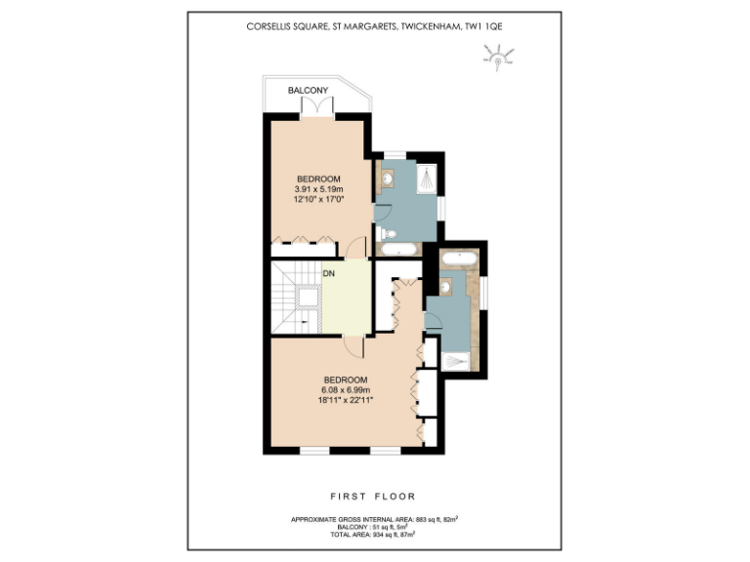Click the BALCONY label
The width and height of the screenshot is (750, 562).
pyautogui.click(x=307, y=91)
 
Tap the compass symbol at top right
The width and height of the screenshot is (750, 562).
pyautogui.click(x=498, y=61)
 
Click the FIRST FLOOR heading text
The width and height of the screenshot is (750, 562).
pyautogui.click(x=375, y=496)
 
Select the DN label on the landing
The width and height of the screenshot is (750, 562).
pyautogui.click(x=328, y=274)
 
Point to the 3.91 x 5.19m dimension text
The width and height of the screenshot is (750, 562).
pyautogui.click(x=318, y=188)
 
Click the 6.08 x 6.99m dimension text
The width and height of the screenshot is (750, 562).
pyautogui.click(x=346, y=389)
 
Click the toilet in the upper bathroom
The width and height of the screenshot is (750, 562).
pyautogui.click(x=386, y=233)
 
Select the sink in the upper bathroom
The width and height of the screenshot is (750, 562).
pyautogui.click(x=388, y=179)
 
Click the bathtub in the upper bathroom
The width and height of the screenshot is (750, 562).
pyautogui.click(x=397, y=250)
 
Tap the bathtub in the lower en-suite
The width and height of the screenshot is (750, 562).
pyautogui.click(x=458, y=260)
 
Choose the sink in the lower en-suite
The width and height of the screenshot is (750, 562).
pyautogui.click(x=446, y=287)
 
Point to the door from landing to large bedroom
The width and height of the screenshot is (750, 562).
pyautogui.click(x=354, y=345)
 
